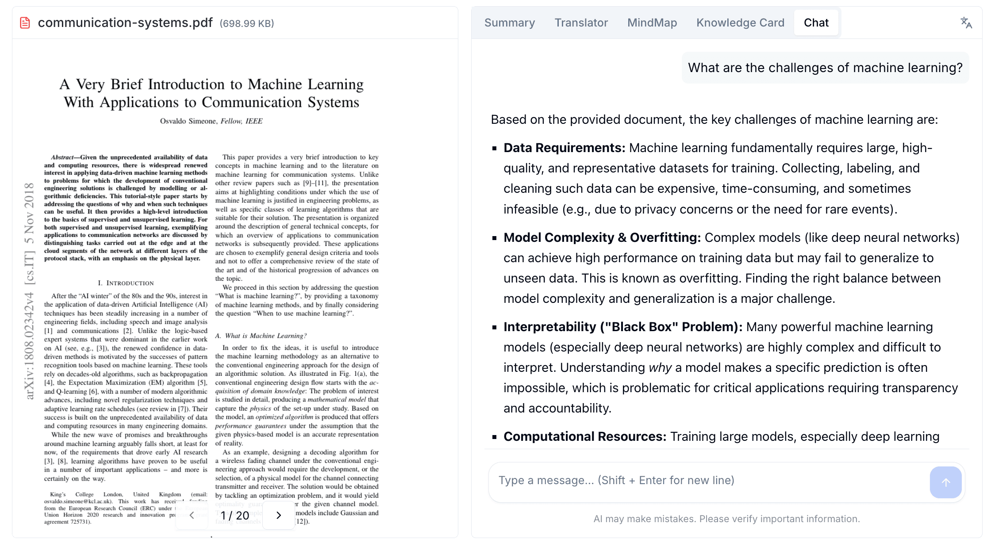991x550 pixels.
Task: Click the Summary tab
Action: pos(509,23)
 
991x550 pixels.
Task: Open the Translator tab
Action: pos(581,23)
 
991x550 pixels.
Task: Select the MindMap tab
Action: pos(652,23)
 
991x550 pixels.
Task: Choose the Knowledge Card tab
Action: pos(740,23)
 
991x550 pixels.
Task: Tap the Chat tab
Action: pos(816,23)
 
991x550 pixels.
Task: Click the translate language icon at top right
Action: pos(966,23)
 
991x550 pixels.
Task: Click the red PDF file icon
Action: pos(25,23)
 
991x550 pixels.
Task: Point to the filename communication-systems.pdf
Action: pos(125,23)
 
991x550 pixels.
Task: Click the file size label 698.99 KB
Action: pos(247,23)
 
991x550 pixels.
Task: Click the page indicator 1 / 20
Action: pos(235,516)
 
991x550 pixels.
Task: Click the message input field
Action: pos(708,481)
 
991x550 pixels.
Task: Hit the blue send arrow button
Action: pos(945,482)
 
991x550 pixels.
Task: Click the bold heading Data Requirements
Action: pos(564,148)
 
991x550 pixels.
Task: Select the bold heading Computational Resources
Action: pos(584,436)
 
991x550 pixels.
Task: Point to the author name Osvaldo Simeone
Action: pos(188,121)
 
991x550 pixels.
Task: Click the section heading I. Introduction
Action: pos(126,283)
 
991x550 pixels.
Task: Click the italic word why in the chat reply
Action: pos(660,367)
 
